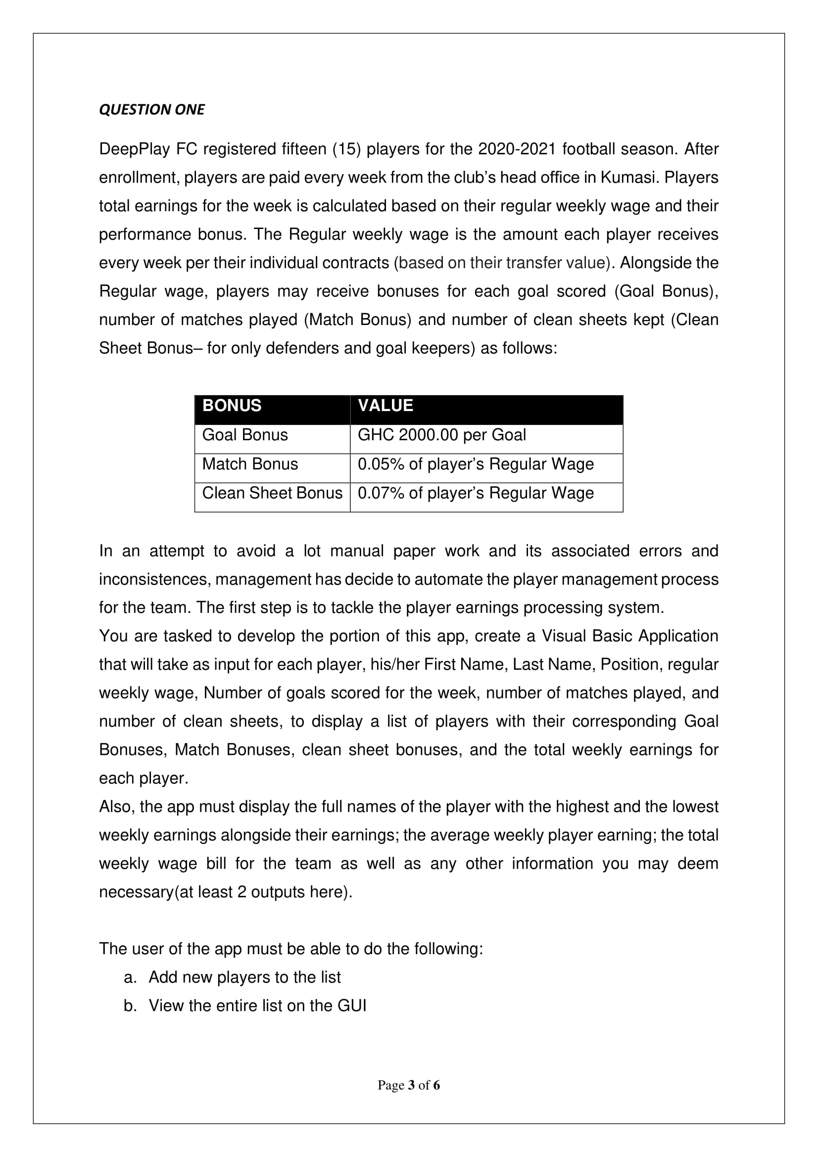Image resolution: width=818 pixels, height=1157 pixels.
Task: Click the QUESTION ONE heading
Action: [x=152, y=109]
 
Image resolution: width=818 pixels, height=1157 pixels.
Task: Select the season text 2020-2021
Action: [x=517, y=149]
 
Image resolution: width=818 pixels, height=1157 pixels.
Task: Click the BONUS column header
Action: [x=232, y=406]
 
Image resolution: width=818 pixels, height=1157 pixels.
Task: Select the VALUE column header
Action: [x=385, y=406]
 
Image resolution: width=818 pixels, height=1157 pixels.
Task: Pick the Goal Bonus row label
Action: [x=245, y=435]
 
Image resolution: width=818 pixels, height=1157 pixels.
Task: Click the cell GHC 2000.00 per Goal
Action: [x=441, y=435]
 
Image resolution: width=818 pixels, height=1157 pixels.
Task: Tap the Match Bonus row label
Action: [x=250, y=464]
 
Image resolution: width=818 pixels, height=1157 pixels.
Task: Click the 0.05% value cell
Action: [x=475, y=464]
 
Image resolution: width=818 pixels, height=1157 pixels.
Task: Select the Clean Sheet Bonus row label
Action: [x=272, y=493]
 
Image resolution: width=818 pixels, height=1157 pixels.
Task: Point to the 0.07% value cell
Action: [x=475, y=493]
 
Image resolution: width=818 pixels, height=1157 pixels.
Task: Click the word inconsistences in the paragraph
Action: [x=154, y=580]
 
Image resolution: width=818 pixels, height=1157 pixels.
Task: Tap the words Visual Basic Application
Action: [x=629, y=636]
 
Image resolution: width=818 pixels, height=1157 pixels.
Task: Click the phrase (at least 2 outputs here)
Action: [x=263, y=892]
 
